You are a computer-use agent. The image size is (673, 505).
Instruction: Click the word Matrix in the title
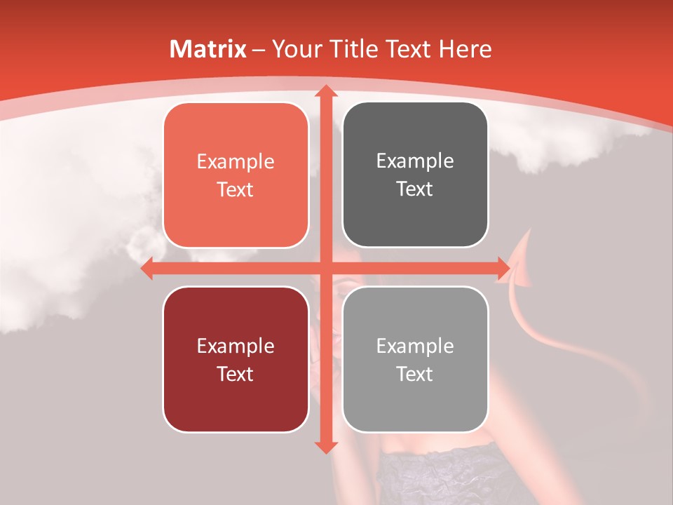pyautogui.click(x=208, y=49)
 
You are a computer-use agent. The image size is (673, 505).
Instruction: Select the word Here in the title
pyautogui.click(x=465, y=49)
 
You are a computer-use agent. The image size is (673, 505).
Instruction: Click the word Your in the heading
pyautogui.click(x=294, y=49)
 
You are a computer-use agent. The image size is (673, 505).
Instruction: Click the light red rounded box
pyautogui.click(x=236, y=175)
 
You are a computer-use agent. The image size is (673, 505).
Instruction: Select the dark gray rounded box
pyautogui.click(x=415, y=175)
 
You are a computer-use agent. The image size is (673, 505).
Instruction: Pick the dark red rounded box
pyautogui.click(x=236, y=359)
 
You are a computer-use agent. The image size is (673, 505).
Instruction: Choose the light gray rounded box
pyautogui.click(x=415, y=359)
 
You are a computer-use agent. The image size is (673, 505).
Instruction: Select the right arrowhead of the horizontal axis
pyautogui.click(x=503, y=269)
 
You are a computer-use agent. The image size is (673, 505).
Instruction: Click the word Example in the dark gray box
pyautogui.click(x=415, y=161)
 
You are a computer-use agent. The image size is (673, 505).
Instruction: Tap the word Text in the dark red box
pyautogui.click(x=236, y=374)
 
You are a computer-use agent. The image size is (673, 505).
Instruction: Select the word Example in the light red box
pyautogui.click(x=236, y=162)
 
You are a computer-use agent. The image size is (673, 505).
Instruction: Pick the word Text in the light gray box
pyautogui.click(x=415, y=374)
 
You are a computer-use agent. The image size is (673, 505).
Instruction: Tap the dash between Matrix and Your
pyautogui.click(x=259, y=50)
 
